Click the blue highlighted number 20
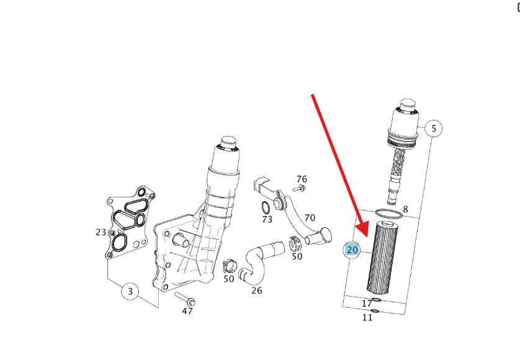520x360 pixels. [352, 250]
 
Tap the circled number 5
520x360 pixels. [434, 128]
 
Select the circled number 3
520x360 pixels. [130, 291]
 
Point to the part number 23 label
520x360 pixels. [101, 232]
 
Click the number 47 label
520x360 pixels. [187, 311]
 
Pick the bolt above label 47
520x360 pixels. [185, 299]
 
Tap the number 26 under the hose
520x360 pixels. [257, 290]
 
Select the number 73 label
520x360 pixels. [267, 219]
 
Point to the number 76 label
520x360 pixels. [302, 179]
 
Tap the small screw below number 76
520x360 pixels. [299, 189]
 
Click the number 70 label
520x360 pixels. [310, 218]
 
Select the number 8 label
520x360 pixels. [405, 209]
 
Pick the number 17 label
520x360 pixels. [367, 304]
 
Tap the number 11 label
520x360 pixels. [367, 318]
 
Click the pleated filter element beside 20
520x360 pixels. [383, 258]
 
